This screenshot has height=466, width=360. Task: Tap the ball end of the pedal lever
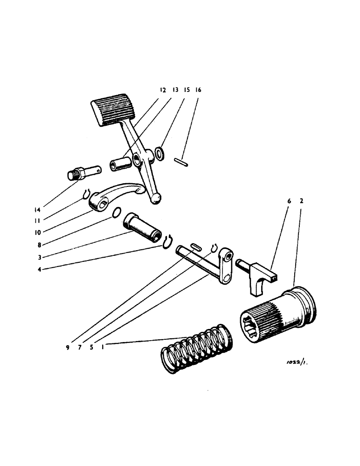point(156,199)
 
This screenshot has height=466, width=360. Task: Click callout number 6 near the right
point(289,201)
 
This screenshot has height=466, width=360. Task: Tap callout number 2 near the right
point(302,201)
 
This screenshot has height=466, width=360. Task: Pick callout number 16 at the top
point(198,90)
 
